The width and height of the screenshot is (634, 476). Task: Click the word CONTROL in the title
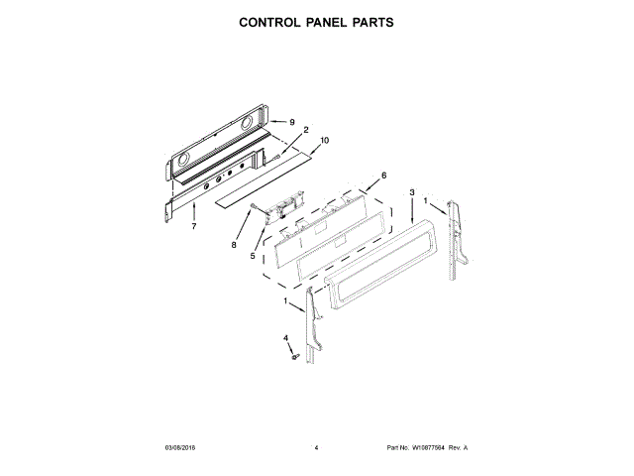(274, 21)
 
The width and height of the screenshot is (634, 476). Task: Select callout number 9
(292, 122)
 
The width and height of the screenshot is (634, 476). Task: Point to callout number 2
(306, 130)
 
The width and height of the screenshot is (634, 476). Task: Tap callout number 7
(194, 226)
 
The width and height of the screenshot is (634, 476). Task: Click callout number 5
(253, 256)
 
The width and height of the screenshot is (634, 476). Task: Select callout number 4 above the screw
(286, 338)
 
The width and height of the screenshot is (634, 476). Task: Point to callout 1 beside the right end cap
(427, 200)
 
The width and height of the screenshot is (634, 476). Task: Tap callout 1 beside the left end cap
(286, 300)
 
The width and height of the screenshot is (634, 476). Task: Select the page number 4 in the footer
(316, 448)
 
